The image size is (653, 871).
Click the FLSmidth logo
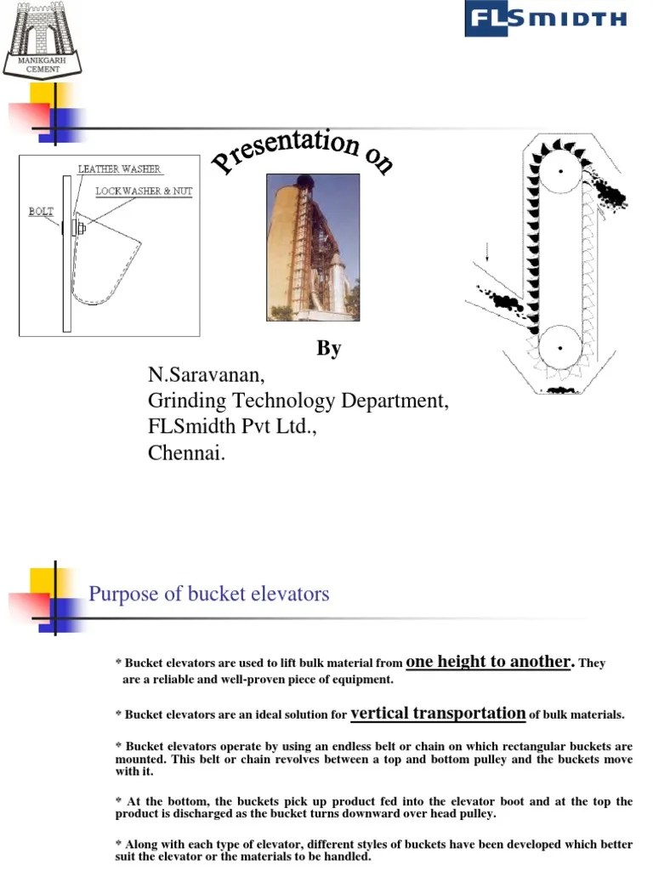pyautogui.click(x=545, y=19)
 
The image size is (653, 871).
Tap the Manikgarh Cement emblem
pyautogui.click(x=43, y=38)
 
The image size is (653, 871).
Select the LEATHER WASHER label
pyautogui.click(x=119, y=169)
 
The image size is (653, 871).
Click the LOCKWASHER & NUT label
pyautogui.click(x=144, y=191)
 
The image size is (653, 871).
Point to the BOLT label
pyautogui.click(x=41, y=211)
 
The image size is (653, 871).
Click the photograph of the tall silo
pyautogui.click(x=312, y=247)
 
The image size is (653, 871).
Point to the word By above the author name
pyautogui.click(x=328, y=349)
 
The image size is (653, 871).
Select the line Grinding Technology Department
pyautogui.click(x=298, y=401)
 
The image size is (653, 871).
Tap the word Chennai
pyautogui.click(x=186, y=453)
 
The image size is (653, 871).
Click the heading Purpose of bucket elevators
pyautogui.click(x=208, y=594)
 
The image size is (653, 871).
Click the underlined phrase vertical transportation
pyautogui.click(x=438, y=714)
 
